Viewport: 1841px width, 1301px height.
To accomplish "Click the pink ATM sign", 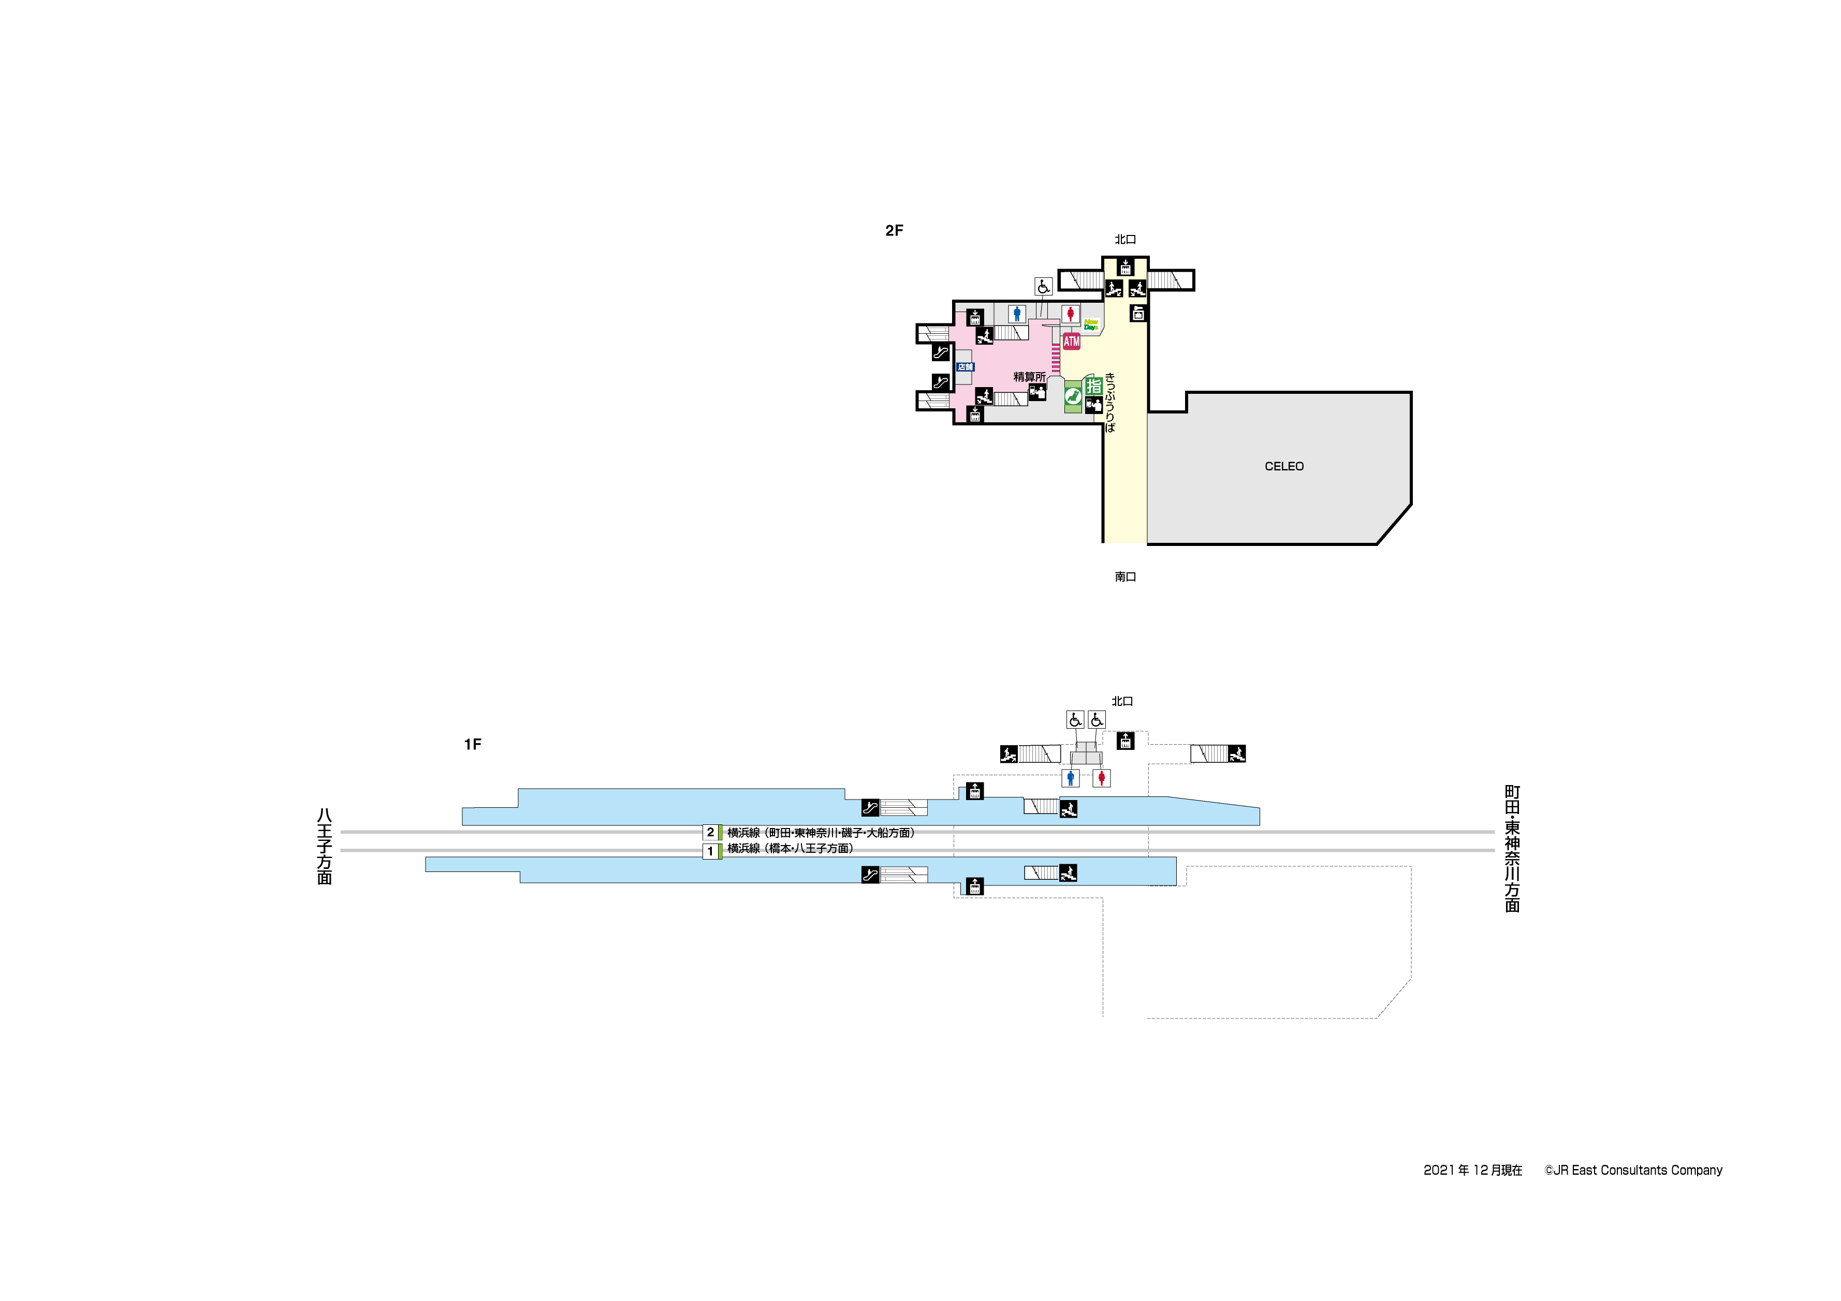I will [1071, 342].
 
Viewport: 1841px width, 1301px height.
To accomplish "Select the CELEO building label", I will [1284, 467].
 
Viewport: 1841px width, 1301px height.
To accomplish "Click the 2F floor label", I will [894, 231].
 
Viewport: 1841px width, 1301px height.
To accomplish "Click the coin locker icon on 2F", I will [1138, 314].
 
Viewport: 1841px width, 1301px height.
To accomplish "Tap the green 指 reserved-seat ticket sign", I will [1094, 386].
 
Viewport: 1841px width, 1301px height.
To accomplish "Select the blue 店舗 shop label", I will [966, 367].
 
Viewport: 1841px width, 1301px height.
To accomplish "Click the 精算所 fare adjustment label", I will [1029, 377].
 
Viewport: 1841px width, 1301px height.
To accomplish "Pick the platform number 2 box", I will [710, 832].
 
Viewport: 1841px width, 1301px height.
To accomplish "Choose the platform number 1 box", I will [710, 850].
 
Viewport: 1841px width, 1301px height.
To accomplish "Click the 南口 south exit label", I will [1125, 577].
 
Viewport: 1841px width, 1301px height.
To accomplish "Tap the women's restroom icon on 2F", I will [1070, 314].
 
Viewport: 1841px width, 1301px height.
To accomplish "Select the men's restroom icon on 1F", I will [1071, 778].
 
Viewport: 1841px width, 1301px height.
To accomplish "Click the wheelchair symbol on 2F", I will [1042, 286].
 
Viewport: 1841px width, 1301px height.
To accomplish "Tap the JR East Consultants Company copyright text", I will [1633, 1171].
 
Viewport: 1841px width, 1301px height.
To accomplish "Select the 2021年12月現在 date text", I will [1472, 1171].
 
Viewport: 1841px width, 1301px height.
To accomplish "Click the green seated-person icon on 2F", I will [1073, 396].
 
